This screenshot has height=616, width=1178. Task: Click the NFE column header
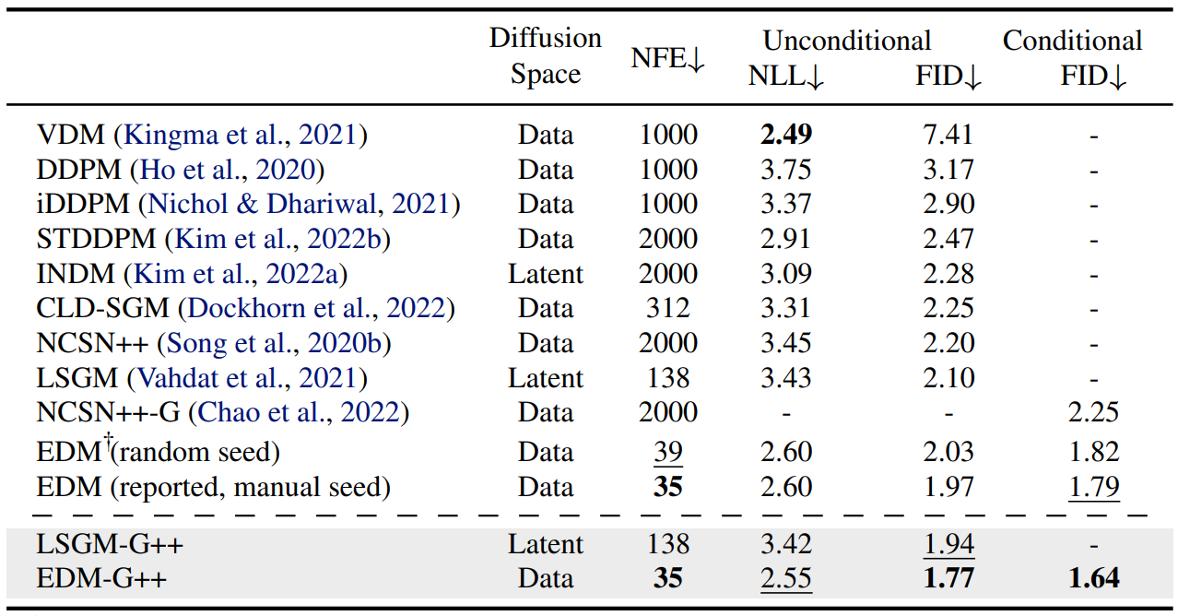click(x=667, y=58)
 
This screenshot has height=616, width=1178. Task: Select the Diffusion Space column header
click(x=546, y=55)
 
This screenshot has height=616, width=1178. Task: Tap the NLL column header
click(x=785, y=77)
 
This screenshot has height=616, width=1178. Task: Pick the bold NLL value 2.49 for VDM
click(x=786, y=135)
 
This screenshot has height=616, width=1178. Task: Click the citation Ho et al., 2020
click(x=227, y=170)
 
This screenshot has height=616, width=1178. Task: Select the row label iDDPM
click(x=83, y=204)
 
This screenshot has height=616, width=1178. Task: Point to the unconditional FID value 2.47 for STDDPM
click(x=948, y=239)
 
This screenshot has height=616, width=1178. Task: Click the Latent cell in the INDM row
click(x=546, y=274)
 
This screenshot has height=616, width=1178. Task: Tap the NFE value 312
click(x=668, y=308)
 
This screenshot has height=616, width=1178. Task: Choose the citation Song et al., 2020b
click(x=274, y=343)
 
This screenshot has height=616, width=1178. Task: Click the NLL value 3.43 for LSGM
click(x=786, y=378)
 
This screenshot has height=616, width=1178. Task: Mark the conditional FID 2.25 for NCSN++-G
click(x=1093, y=412)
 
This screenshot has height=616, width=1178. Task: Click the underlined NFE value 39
click(x=668, y=453)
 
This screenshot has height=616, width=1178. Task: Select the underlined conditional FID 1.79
click(x=1094, y=488)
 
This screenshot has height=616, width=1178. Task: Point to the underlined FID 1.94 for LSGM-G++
click(x=948, y=544)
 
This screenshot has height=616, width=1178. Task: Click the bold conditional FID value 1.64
click(x=1094, y=578)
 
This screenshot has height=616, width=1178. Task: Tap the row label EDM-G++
click(x=101, y=578)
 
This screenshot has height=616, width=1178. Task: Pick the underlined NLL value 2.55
click(x=786, y=579)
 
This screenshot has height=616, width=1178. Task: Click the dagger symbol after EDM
click(x=107, y=440)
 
